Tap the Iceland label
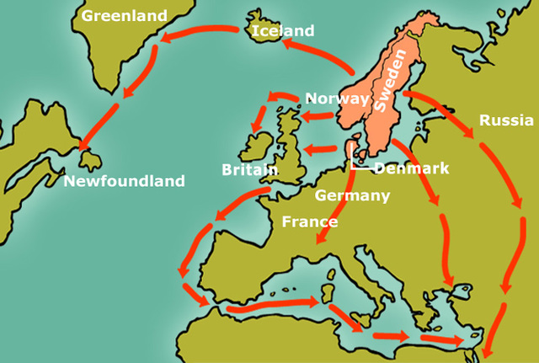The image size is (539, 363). pyautogui.click(x=283, y=31)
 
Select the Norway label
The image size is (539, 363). pyautogui.click(x=337, y=99)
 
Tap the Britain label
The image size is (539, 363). pyautogui.click(x=250, y=169)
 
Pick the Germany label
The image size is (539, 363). pyautogui.click(x=352, y=196)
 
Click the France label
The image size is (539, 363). pyautogui.click(x=309, y=222)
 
